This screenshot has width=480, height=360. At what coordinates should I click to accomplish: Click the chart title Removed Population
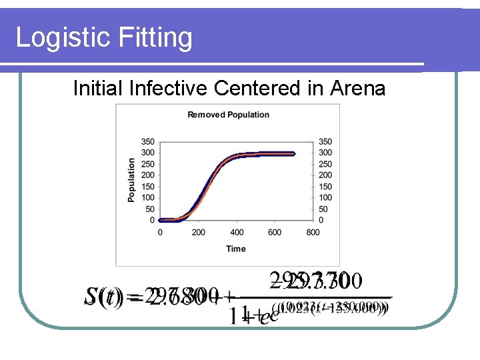pos(228,115)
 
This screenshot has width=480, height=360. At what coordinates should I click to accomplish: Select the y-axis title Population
pos(131,180)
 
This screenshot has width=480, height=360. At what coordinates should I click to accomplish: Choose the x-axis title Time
pos(235,249)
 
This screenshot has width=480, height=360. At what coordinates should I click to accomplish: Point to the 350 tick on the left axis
pos(147,142)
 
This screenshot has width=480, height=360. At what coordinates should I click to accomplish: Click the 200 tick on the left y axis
pos(147,175)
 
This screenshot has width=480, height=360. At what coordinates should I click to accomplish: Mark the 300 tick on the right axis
pos(326,153)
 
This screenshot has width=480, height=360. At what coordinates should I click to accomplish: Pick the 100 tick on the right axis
pos(326,197)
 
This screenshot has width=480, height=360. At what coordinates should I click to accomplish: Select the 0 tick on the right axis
pos(322,220)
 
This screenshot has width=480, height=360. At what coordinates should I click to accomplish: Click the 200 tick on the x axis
pos(198,232)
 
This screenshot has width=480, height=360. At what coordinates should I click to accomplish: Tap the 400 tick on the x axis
pos(237,232)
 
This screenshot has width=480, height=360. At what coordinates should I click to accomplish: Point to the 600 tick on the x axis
pos(275,232)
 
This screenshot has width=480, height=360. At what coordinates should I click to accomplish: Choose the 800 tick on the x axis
pos(313,232)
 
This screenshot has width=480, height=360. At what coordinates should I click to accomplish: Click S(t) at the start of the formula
pos(104,296)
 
